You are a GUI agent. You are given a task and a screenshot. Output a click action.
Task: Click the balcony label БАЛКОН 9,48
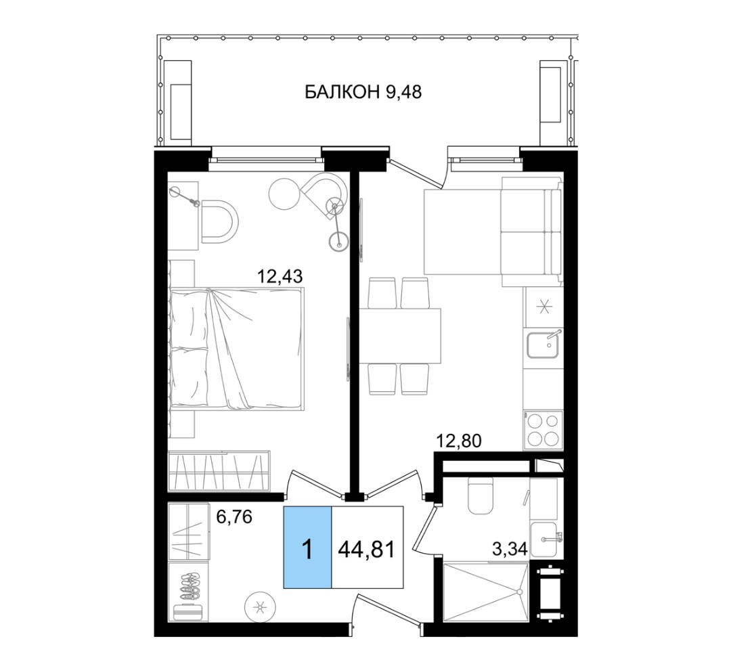(x=363, y=92)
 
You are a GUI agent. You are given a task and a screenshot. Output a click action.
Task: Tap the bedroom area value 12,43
(x=280, y=276)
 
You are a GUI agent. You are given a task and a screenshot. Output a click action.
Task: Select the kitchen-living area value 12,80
(x=458, y=440)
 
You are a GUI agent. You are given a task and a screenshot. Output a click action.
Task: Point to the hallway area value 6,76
(x=234, y=516)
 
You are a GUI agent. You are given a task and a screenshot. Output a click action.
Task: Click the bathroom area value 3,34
(x=510, y=549)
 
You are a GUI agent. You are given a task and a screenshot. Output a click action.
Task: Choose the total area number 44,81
(x=366, y=549)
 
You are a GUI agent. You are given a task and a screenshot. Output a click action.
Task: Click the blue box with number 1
(x=308, y=548)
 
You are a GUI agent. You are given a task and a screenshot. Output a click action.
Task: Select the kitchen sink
(x=543, y=344)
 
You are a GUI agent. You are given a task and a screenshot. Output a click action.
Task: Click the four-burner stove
(x=543, y=430)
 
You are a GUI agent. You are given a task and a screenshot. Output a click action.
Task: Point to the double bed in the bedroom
(x=237, y=349)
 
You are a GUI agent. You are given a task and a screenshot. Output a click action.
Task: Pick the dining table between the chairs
(x=400, y=336)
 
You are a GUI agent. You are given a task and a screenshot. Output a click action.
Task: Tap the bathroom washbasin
(x=545, y=540)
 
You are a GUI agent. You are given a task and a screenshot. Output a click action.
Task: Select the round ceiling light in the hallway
(x=260, y=607)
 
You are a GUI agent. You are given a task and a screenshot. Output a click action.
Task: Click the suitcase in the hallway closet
(x=188, y=612)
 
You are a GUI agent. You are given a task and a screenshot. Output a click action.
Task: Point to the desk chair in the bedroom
(x=220, y=221)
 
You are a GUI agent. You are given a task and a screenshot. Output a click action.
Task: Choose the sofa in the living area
(x=531, y=231)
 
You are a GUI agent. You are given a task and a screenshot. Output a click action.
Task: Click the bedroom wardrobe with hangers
(x=219, y=470)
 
